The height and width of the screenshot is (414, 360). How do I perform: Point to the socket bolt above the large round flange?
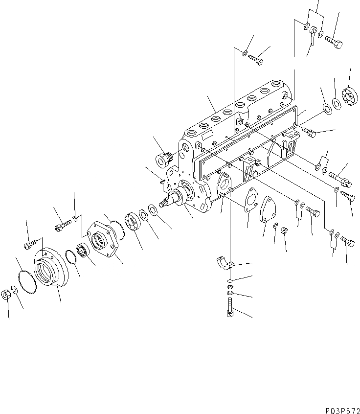pyautogui.click(x=30, y=242)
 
